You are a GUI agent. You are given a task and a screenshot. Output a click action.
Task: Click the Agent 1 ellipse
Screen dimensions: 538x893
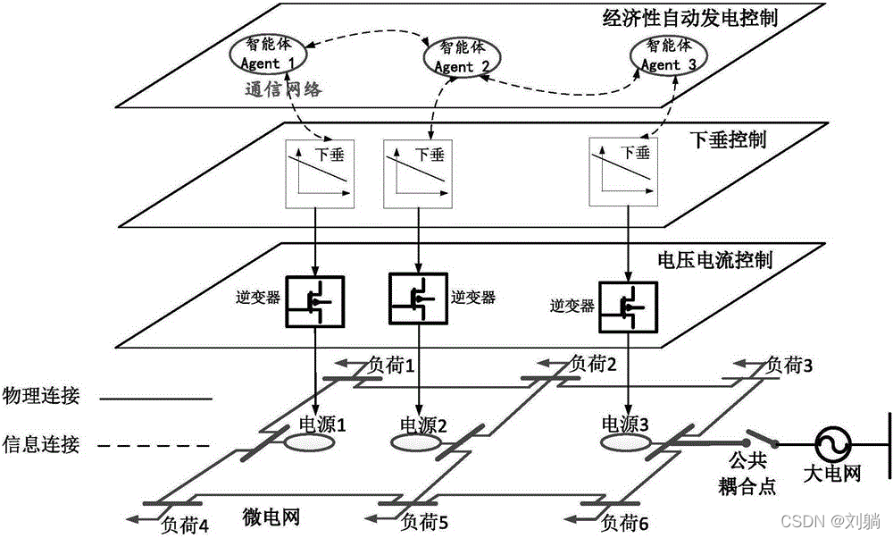[x=269, y=55]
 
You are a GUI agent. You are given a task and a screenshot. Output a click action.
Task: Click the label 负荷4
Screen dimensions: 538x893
[x=186, y=525]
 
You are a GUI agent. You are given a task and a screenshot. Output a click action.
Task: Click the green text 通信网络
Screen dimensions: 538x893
[x=283, y=88]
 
